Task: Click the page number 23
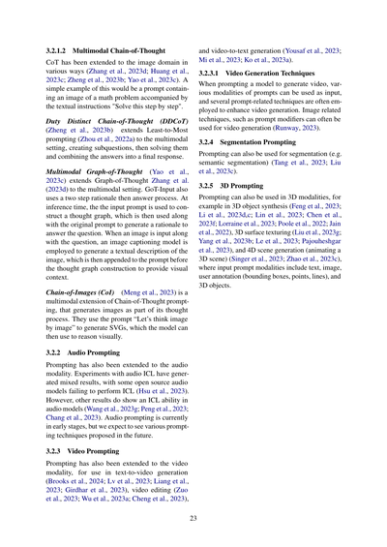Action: [193, 519]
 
